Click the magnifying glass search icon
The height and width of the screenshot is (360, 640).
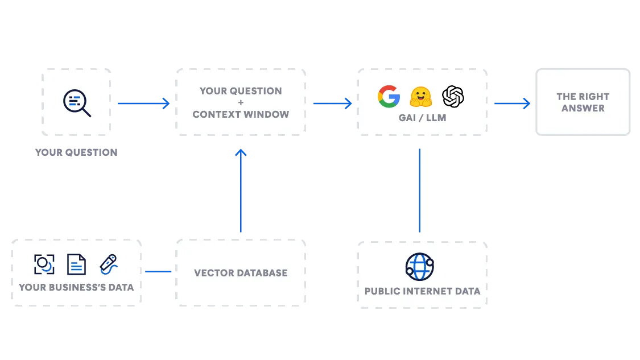77,103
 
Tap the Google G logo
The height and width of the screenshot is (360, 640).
389,96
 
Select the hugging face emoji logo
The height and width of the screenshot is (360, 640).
421,97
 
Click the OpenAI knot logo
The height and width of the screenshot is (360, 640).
453,96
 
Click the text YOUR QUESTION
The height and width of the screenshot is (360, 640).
241,91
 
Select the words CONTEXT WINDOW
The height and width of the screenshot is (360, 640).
241,114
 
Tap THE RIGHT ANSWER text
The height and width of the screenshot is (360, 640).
583,102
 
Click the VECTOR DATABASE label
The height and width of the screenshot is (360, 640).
241,273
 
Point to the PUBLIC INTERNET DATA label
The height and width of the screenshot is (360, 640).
422,291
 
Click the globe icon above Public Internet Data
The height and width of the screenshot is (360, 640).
420,267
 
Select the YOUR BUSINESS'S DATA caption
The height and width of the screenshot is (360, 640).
76,287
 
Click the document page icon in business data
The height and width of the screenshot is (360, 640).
76,264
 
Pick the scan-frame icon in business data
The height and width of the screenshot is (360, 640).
44,264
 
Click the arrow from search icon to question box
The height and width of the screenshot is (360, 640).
142,103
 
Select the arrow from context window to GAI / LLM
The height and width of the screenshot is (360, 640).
332,103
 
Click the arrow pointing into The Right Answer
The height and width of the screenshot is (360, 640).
511,103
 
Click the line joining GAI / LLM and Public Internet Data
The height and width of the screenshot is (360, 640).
421,191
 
